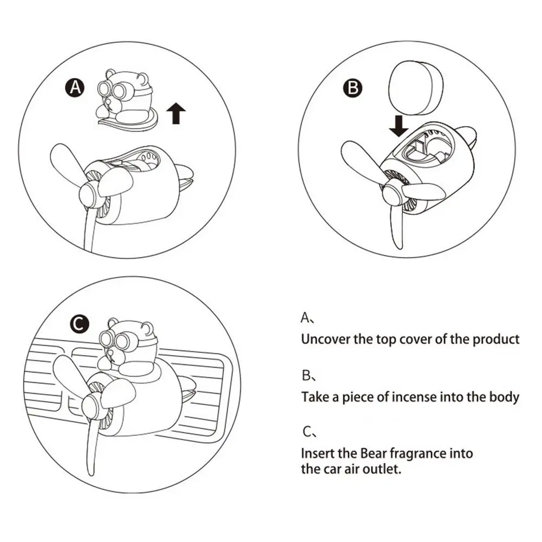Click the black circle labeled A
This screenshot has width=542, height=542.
coord(75,88)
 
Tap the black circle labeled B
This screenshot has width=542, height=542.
coord(353,88)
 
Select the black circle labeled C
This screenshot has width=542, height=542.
coord(80,324)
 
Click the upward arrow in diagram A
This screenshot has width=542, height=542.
coord(176,113)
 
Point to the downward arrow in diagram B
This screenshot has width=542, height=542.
coord(399,126)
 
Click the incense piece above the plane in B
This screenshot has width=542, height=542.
coord(416,88)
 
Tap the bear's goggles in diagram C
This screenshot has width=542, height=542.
coord(115,339)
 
